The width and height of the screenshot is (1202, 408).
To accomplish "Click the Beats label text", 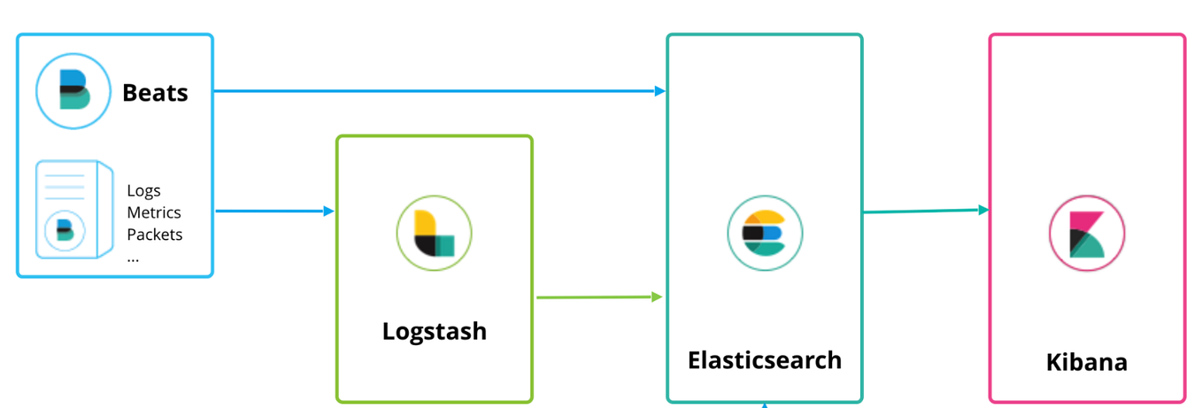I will click(155, 93).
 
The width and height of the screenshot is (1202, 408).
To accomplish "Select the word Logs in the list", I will click(143, 191).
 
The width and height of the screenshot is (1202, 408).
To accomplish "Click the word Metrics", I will click(154, 212).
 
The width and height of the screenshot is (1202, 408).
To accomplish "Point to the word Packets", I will click(155, 235).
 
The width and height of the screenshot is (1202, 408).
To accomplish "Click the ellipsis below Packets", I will click(134, 258).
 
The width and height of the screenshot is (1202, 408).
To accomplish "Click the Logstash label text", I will click(434, 331).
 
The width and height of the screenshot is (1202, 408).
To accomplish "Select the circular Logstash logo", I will click(434, 234).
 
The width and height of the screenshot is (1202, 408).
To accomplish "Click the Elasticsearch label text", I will click(765, 361).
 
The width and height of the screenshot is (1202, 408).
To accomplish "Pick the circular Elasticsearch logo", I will click(765, 233).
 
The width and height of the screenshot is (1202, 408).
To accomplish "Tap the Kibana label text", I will click(1087, 363).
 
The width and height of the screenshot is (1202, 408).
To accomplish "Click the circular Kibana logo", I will click(1087, 234).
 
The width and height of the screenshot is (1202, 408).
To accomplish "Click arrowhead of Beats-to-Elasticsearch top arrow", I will click(659, 91).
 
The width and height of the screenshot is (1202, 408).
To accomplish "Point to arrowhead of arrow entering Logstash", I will click(328, 212).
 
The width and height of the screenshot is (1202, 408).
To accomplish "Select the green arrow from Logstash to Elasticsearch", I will click(597, 297).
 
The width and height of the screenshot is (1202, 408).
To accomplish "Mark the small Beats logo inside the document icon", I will click(65, 230).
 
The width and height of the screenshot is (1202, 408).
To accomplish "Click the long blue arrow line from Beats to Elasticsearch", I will click(434, 91).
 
